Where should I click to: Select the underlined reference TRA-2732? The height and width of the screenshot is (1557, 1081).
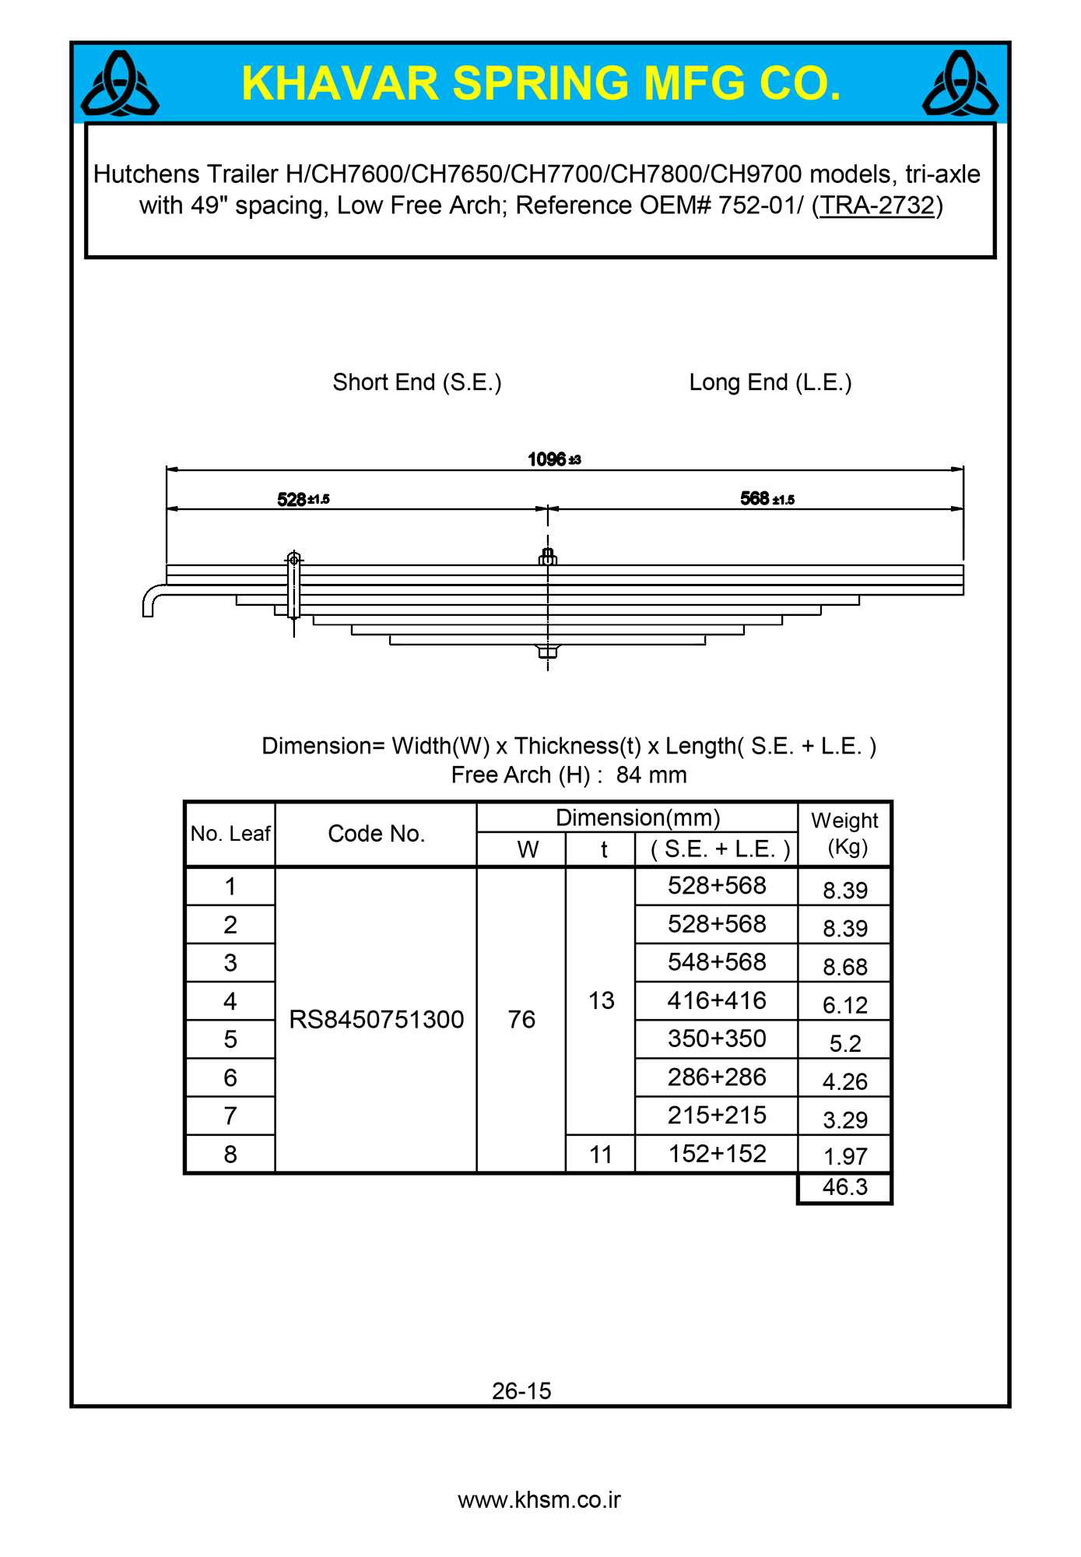click(x=876, y=206)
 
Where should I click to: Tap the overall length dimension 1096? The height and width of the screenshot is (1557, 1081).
click(x=553, y=459)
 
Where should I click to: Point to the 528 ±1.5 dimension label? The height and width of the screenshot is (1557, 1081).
click(x=303, y=499)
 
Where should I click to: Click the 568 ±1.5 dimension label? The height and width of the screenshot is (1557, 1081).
click(x=767, y=498)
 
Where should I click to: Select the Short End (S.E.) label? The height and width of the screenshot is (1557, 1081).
click(x=416, y=382)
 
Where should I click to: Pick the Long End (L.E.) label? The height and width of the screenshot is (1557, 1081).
click(x=770, y=382)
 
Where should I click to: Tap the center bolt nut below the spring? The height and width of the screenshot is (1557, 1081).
click(x=548, y=652)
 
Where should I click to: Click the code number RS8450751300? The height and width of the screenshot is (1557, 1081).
click(x=376, y=1019)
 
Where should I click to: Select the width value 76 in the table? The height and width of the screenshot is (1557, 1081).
click(x=521, y=1019)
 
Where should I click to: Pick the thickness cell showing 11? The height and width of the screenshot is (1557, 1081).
click(x=601, y=1154)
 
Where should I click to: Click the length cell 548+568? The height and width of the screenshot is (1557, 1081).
click(x=717, y=962)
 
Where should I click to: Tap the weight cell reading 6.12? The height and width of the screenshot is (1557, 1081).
click(x=844, y=1005)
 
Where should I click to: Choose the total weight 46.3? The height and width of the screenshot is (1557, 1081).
click(x=844, y=1187)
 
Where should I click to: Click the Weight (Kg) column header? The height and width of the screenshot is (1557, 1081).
click(x=844, y=833)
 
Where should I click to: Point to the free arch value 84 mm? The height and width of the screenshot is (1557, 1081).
click(x=651, y=775)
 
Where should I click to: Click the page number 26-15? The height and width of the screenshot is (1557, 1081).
click(x=521, y=1391)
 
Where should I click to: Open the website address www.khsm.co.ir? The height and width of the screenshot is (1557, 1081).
click(x=539, y=1500)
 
